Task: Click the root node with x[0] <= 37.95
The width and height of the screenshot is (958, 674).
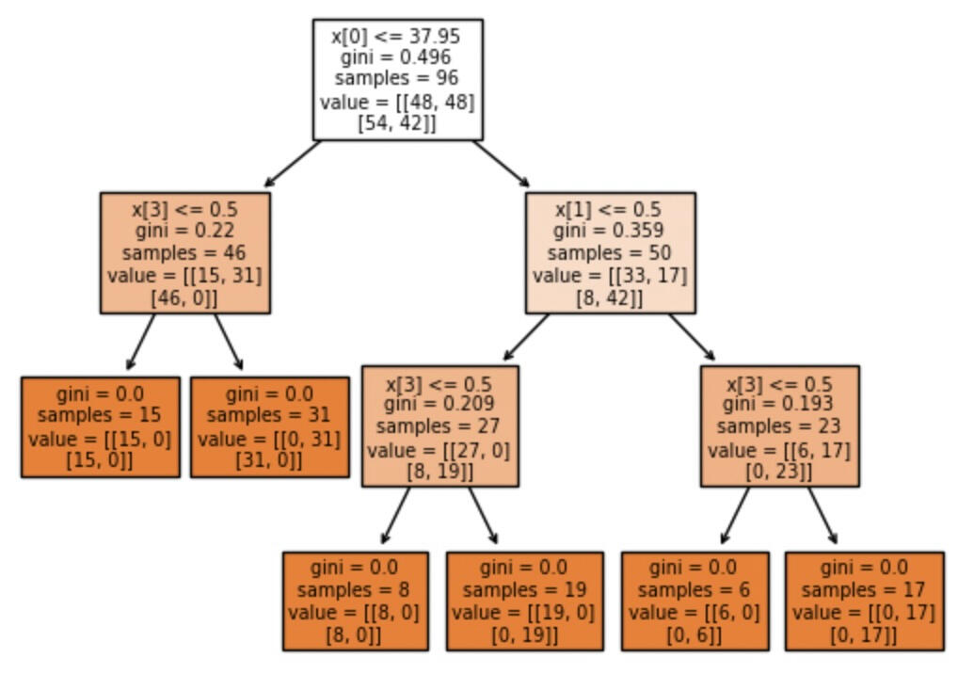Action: (x=397, y=79)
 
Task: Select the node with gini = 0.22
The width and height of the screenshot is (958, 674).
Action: (x=184, y=252)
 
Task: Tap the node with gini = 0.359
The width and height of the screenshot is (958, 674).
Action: (x=610, y=252)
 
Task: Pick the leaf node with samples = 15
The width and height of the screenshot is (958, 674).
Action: (x=101, y=427)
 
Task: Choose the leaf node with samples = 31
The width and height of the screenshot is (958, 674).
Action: (x=269, y=427)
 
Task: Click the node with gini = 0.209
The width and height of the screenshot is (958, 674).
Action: (x=439, y=425)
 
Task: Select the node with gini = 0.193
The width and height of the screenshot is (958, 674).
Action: (x=779, y=425)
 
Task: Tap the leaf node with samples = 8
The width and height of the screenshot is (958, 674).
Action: (x=355, y=601)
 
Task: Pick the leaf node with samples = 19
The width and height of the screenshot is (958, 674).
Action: (x=524, y=601)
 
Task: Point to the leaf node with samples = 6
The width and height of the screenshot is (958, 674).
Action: (x=695, y=601)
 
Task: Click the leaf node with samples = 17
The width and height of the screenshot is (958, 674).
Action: (x=864, y=601)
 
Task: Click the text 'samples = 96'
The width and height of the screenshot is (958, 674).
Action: (x=397, y=79)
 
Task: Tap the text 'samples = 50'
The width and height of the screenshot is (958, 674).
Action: (x=610, y=253)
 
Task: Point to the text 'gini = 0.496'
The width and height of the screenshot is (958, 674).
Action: (x=397, y=57)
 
